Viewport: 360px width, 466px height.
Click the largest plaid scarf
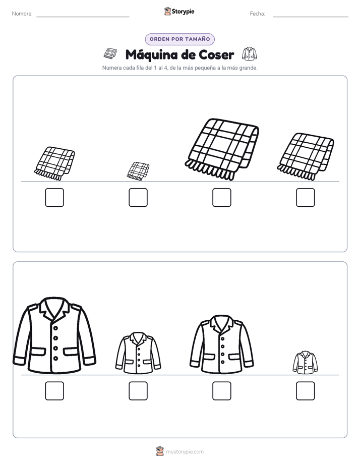coord(221,149)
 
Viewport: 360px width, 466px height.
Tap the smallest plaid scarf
coord(138,171)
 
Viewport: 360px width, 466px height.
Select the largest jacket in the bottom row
coord(54,335)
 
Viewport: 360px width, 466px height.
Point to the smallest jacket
coord(305,362)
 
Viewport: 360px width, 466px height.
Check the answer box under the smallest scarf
coord(138,197)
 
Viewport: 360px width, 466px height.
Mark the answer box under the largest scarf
coord(221,197)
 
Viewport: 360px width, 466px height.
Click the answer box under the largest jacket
coord(54,391)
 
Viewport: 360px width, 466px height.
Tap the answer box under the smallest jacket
coord(306,391)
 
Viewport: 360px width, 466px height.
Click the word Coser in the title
coord(216,54)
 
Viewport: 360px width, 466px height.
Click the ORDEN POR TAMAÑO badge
coord(179,39)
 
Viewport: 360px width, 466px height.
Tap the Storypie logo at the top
coord(179,12)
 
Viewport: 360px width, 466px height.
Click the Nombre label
coord(22,14)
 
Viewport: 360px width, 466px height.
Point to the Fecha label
coord(258,14)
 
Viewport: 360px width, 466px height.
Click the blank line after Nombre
coord(83,17)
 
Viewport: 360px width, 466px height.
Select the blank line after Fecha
coord(311,17)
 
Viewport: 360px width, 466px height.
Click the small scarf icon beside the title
coord(110,53)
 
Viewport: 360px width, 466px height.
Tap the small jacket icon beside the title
coord(249,53)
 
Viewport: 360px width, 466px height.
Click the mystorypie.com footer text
coord(185,452)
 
